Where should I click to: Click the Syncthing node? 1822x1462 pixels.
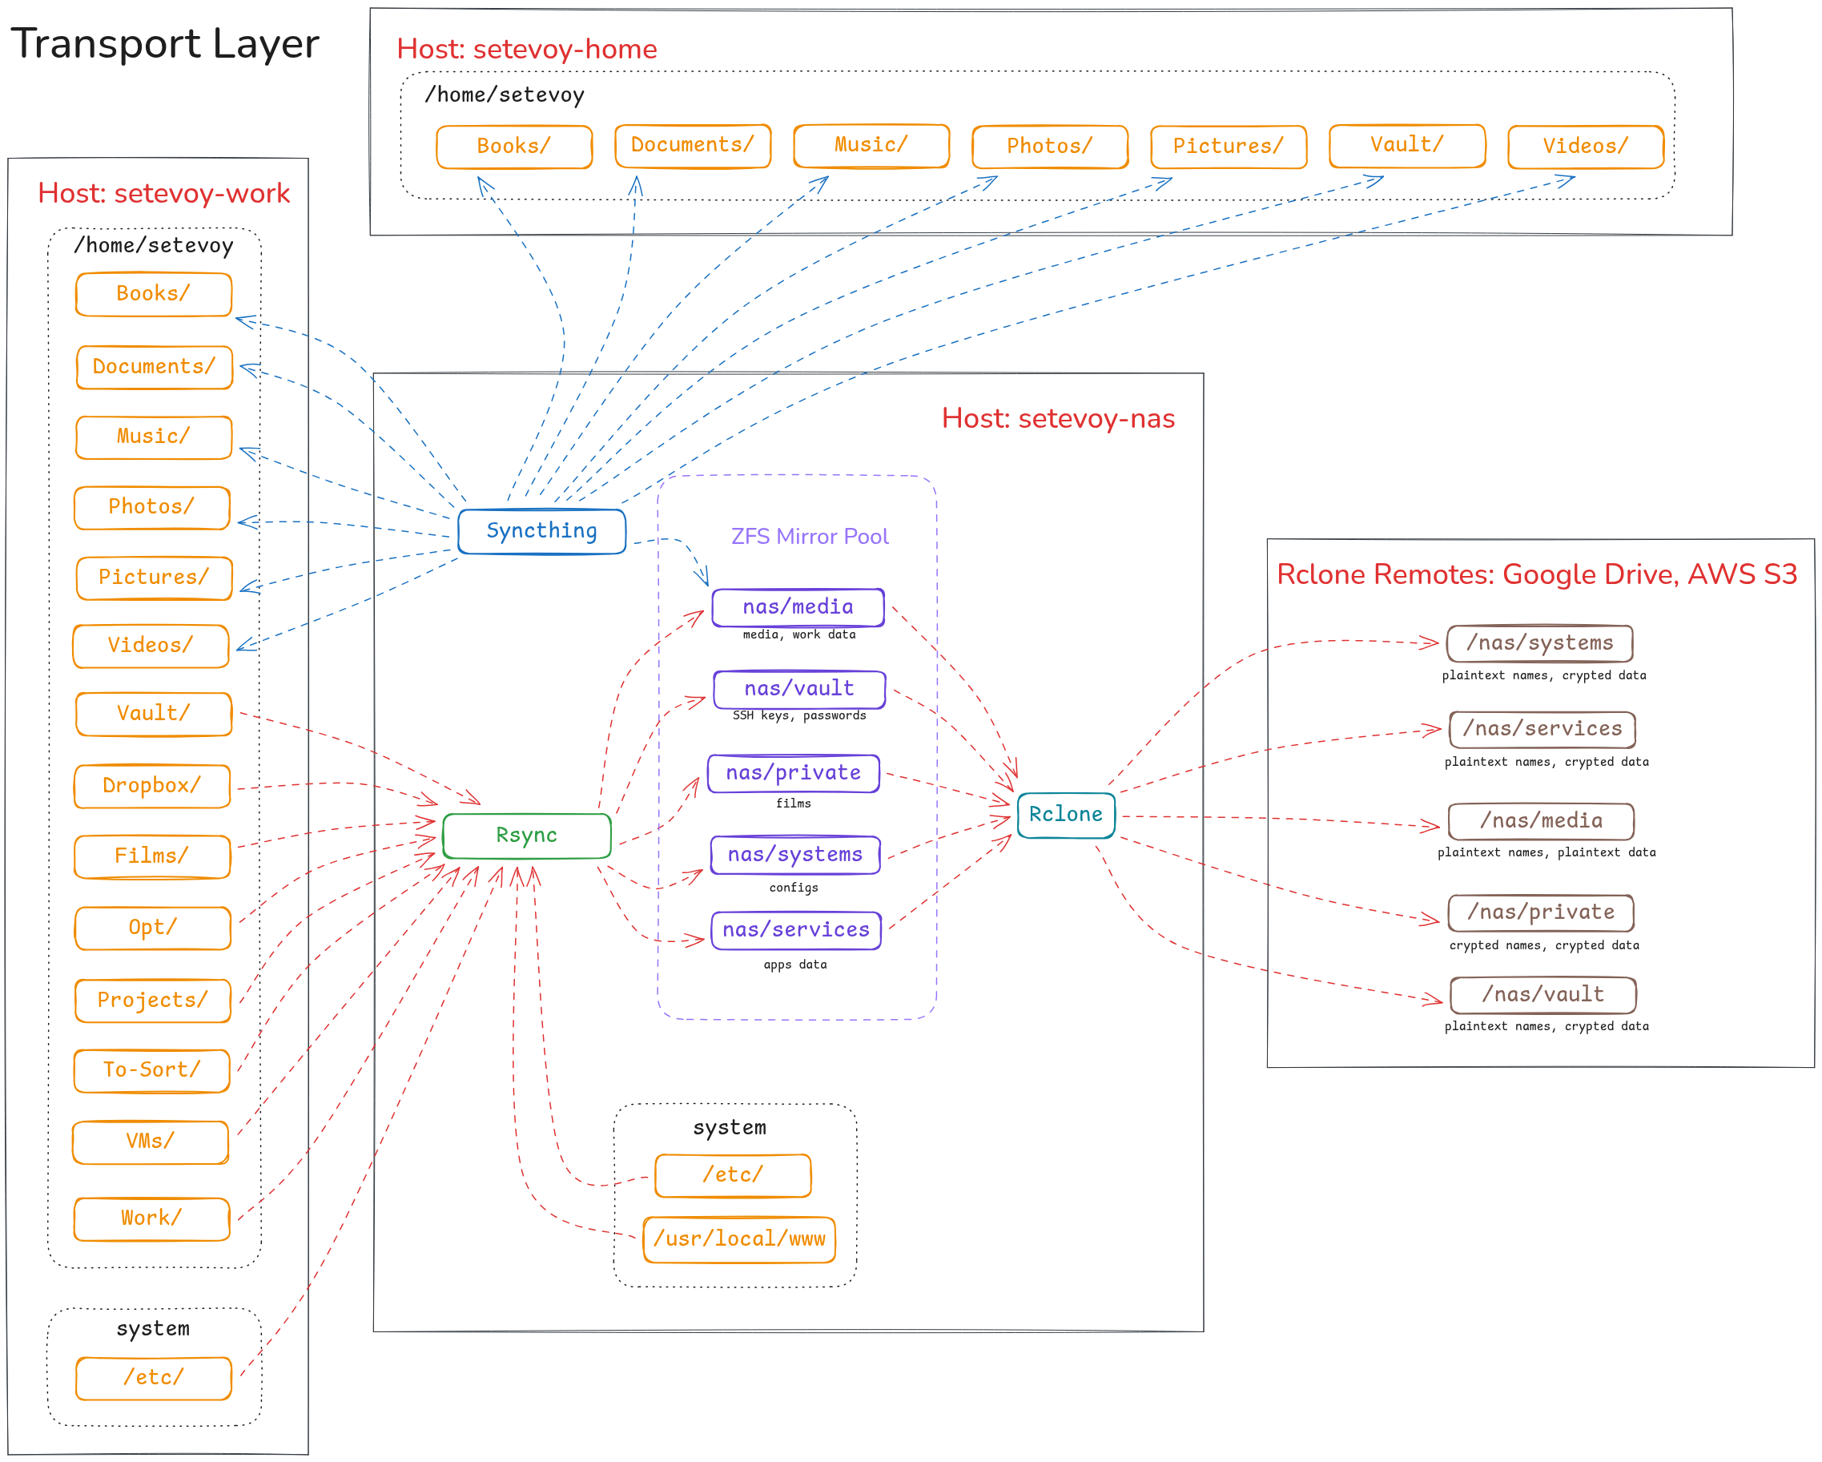[541, 530]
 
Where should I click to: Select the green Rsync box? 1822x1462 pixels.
[526, 836]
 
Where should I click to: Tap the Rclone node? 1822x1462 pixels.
[1066, 815]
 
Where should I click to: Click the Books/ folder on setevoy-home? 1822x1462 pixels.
[514, 146]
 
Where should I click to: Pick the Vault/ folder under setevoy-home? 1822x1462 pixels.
[1407, 145]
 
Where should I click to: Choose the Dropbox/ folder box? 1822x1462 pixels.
[152, 786]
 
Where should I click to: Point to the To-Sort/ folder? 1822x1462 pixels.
[152, 1070]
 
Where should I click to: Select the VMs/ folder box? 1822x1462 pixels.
[151, 1142]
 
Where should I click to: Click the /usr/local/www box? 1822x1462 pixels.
[739, 1240]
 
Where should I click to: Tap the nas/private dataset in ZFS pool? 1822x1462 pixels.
[794, 773]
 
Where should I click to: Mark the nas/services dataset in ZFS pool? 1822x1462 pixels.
[796, 930]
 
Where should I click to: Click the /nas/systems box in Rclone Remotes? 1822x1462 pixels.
[1540, 643]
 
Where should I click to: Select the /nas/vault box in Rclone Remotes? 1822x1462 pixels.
[1543, 995]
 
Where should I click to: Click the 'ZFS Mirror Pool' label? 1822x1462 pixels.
[810, 537]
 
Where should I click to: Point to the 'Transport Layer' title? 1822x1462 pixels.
[165, 44]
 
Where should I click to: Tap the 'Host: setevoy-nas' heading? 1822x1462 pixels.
[1058, 418]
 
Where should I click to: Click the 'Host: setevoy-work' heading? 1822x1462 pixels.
[164, 194]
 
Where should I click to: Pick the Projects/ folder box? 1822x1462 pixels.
[153, 1001]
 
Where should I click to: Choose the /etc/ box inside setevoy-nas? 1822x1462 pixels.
[733, 1175]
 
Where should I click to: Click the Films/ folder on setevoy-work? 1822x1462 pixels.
[152, 856]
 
